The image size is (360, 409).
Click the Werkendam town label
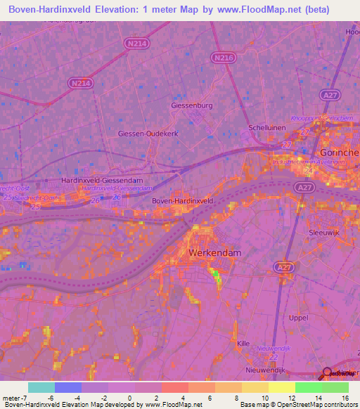click(214, 252)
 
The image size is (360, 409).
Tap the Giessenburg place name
click(192, 106)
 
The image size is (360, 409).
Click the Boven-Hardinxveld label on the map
click(183, 201)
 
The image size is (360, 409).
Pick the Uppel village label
click(298, 318)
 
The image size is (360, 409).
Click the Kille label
click(243, 343)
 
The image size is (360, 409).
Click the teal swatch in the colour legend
click(41, 387)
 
